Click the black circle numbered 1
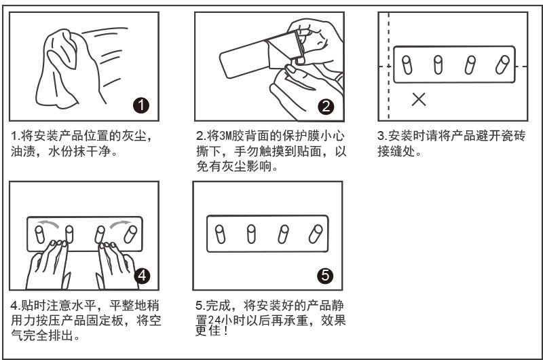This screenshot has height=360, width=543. tap(141, 105)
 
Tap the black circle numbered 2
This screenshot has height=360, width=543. tap(326, 107)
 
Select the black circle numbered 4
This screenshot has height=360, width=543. tap(142, 276)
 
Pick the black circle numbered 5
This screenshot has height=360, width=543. tap(325, 275)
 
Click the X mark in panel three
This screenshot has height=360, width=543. tap(419, 99)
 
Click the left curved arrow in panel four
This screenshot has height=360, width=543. tap(48, 223)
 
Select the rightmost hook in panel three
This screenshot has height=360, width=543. tap(502, 65)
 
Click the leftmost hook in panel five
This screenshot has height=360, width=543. tap(220, 234)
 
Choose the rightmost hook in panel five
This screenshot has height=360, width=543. tap(316, 234)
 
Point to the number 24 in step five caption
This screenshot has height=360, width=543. tap(214, 321)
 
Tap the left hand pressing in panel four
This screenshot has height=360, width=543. tap(48, 264)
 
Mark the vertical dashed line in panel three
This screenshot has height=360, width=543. tap(388, 66)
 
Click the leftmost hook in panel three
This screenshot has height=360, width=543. tap(407, 65)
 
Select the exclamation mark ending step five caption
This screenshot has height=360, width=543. tap(226, 331)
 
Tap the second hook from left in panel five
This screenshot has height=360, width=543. tap(251, 234)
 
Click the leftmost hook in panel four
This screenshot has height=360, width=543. tap(39, 234)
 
